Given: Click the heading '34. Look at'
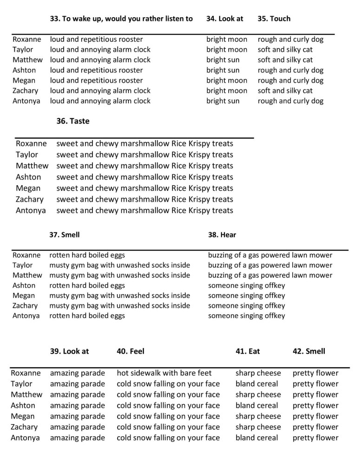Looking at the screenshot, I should pos(224,19).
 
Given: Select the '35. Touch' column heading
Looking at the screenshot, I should pos(274,19).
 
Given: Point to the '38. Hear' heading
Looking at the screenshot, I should pos(222,235).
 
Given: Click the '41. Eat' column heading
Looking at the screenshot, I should pos(248,351).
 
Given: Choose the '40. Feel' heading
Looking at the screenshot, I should pos(131,351).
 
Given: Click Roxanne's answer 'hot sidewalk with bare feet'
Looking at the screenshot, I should pos(164,373).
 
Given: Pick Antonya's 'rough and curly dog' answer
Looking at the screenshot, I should pos(290,101).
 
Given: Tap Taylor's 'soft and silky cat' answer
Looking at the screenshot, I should pos(285,50).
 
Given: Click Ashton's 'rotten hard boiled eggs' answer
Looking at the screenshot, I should pos(87,285).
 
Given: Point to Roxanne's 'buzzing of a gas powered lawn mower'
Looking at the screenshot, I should pos(270,255).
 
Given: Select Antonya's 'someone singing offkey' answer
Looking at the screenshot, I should pos(246,316).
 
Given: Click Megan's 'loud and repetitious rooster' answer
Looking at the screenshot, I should pos(96,80).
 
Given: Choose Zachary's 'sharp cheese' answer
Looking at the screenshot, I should pos(258,427).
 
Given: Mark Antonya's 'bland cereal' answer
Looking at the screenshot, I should pos(256,438).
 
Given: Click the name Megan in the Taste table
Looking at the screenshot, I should pos(28,188).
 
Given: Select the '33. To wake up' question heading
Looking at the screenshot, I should pos(121,19).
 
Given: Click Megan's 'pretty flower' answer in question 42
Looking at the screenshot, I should pos(315,416).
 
